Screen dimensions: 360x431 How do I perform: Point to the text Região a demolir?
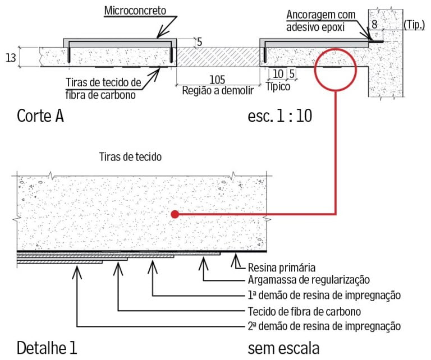click(x=217, y=90)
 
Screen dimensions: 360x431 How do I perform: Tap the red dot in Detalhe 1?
click(x=175, y=214)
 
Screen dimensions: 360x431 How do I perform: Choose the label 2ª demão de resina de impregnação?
click(x=324, y=326)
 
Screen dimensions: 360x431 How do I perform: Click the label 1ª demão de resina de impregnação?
click(x=324, y=296)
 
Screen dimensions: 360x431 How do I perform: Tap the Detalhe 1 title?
click(x=47, y=348)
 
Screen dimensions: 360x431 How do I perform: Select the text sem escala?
click(x=283, y=348)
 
